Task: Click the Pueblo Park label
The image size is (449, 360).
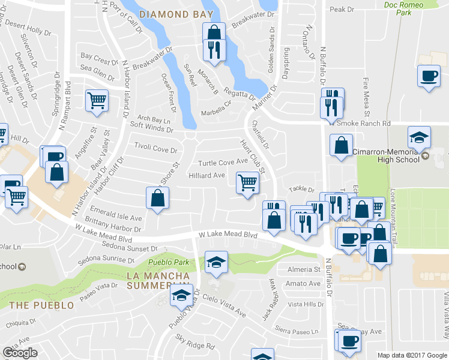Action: pos(169,262)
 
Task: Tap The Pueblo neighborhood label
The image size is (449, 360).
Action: pos(41,305)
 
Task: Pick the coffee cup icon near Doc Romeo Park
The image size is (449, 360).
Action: pos(429,76)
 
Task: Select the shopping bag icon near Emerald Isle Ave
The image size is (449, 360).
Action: pos(157,198)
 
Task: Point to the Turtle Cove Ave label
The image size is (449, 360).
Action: pos(223,162)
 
